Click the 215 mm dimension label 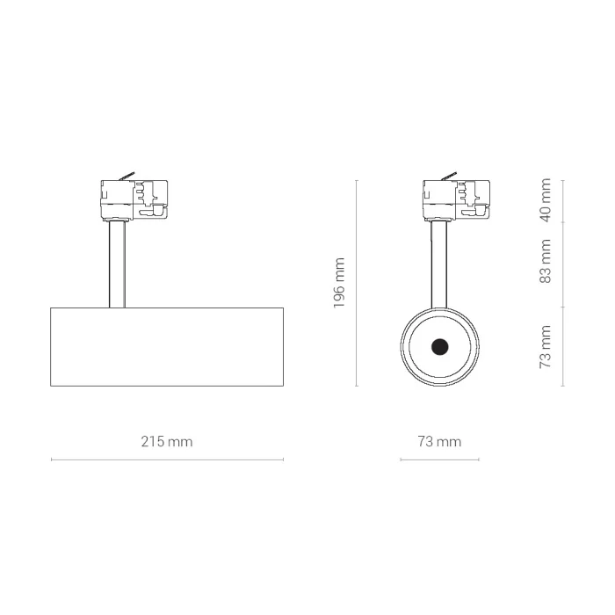pyautogui.click(x=167, y=442)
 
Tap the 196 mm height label pyautogui.click(x=339, y=283)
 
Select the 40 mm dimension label pyautogui.click(x=546, y=200)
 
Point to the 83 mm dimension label pyautogui.click(x=546, y=261)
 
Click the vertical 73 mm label pyautogui.click(x=546, y=346)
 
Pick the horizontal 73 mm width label pyautogui.click(x=439, y=442)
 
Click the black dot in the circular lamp pyautogui.click(x=439, y=347)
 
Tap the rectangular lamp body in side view pyautogui.click(x=167, y=347)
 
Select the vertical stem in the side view pyautogui.click(x=117, y=264)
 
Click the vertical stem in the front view pyautogui.click(x=439, y=264)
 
